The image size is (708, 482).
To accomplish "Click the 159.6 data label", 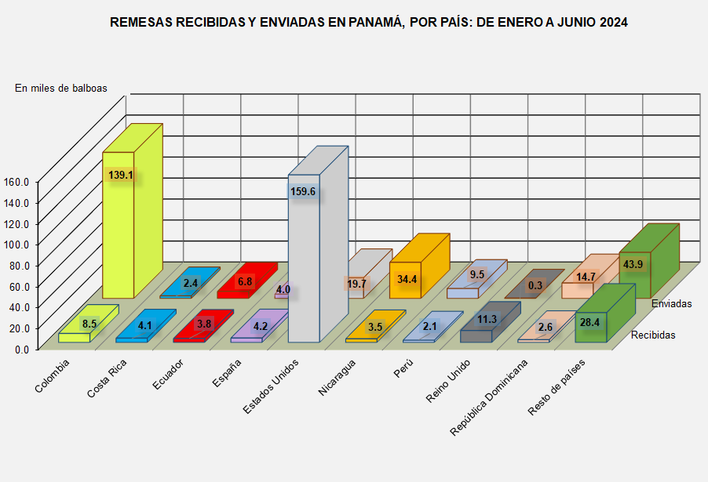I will tap(304, 191).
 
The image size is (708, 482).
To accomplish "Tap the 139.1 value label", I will tap(121, 176).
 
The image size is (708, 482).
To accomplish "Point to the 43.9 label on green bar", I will tap(633, 265).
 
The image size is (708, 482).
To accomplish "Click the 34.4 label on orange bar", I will tap(407, 279).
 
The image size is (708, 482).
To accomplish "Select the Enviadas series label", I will tap(671, 303).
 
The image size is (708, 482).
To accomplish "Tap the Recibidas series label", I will tap(653, 335).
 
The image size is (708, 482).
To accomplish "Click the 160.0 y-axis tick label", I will tap(16, 181).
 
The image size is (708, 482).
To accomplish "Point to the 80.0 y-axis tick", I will tap(16, 265).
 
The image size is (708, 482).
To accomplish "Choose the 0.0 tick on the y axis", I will tap(21, 349).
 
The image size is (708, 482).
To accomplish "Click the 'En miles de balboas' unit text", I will tap(61, 88).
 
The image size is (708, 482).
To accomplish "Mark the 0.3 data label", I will tap(535, 286).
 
